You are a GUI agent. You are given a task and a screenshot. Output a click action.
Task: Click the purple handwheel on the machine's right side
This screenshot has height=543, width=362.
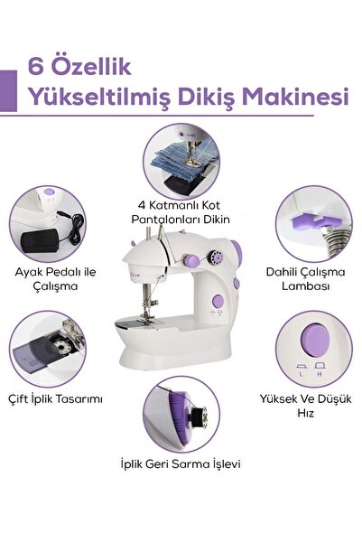tap(235, 284)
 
